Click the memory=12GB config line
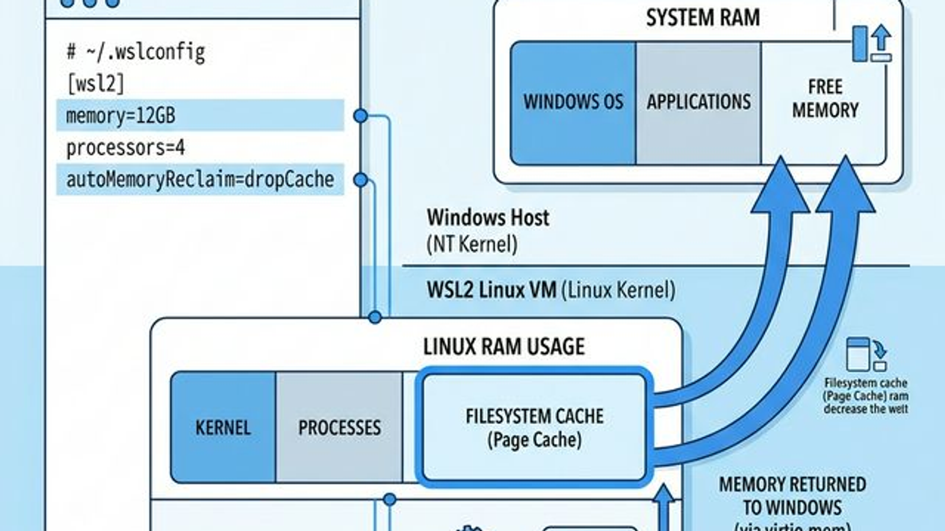121,116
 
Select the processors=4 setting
126,147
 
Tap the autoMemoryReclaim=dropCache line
200,179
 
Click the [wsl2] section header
96,83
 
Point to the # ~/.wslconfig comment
136,52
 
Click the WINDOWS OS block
573,103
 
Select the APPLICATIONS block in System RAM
698,103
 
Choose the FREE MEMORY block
825,99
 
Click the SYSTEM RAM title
702,18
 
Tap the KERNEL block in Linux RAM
223,428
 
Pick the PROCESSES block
339,428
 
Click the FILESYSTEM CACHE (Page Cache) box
534,428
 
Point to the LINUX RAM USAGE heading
504,346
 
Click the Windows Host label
488,218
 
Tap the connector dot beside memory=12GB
360,116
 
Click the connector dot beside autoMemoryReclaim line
360,180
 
